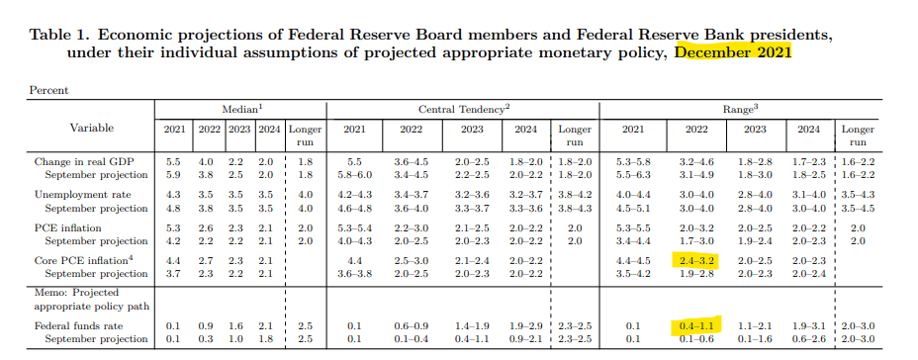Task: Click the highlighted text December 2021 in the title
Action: [x=733, y=52]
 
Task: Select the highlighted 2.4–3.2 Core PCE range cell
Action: [x=696, y=260]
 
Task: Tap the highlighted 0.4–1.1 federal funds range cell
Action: [x=696, y=325]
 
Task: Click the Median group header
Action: [x=241, y=110]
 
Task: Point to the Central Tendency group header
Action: [x=464, y=110]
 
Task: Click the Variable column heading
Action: [x=92, y=128]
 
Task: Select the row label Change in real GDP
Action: [x=82, y=161]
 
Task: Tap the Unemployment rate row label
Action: [x=82, y=195]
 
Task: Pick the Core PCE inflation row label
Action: [x=84, y=260]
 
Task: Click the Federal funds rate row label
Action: [x=79, y=325]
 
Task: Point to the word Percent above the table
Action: [x=48, y=90]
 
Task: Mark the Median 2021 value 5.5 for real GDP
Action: [x=173, y=161]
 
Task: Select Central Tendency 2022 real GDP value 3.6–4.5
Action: [x=411, y=161]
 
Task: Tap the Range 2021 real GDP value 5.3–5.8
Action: [x=633, y=161]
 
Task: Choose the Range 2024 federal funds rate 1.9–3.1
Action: [x=808, y=325]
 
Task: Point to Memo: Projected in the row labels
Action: [x=76, y=292]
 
